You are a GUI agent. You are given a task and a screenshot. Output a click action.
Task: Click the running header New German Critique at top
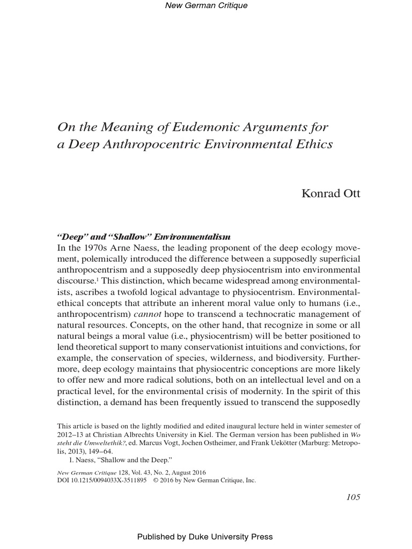[x=205, y=5]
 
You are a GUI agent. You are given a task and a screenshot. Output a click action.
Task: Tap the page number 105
[x=353, y=497]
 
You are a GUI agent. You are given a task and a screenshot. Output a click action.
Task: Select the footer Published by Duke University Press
[x=205, y=537]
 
